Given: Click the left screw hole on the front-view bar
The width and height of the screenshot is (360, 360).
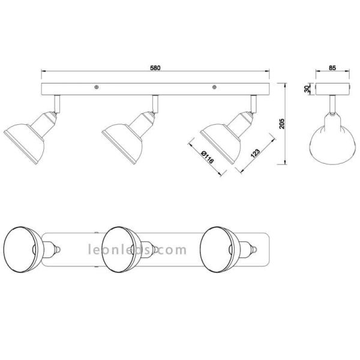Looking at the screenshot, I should point(97,88).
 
